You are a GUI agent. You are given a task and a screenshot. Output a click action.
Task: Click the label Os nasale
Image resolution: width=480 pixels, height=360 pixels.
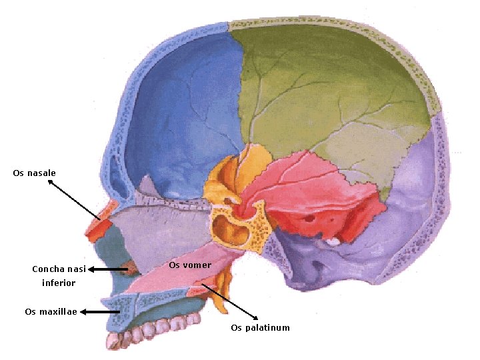point(34,173)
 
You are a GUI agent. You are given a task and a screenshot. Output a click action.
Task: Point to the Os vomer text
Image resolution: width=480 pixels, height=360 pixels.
point(191,265)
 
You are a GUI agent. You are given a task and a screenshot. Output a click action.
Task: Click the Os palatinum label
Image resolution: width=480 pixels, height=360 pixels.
point(260,328)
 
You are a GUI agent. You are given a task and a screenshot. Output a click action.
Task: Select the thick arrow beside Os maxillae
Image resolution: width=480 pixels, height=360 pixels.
point(100,311)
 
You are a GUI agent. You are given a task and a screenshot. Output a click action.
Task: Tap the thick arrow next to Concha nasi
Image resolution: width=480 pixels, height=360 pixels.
point(108,269)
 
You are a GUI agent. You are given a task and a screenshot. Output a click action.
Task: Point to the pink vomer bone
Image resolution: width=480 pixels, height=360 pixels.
point(180,277)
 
